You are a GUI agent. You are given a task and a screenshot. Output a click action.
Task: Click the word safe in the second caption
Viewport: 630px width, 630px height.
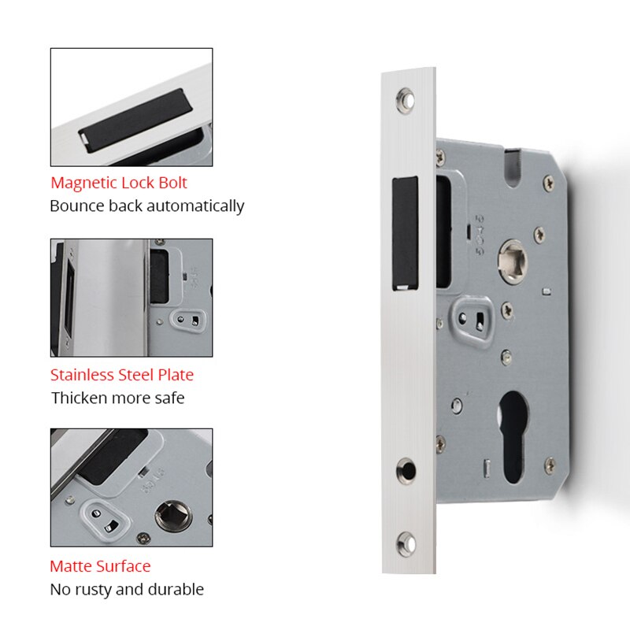167,398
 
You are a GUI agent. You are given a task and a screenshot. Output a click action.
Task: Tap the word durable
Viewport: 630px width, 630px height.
176,589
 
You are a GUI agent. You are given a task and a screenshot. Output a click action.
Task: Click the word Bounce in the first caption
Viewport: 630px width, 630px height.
76,206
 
